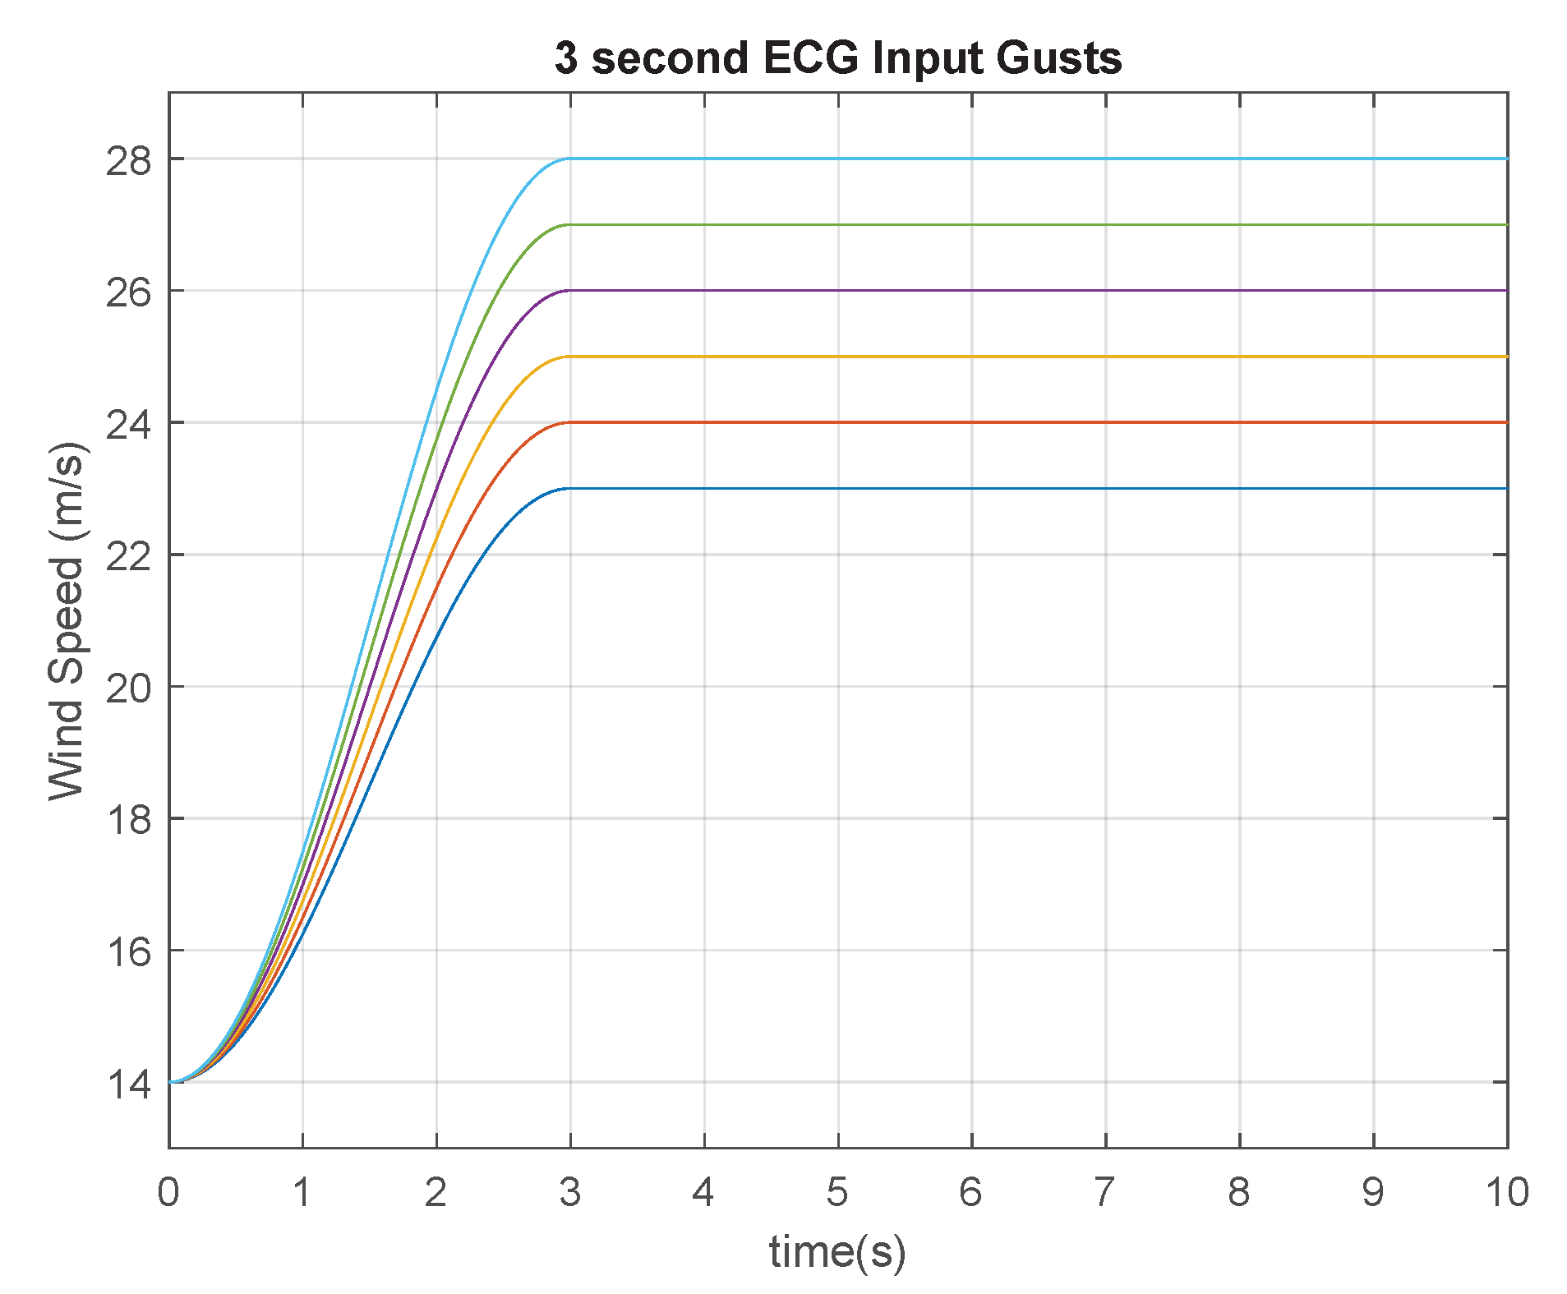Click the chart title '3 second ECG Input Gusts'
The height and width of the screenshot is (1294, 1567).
(837, 58)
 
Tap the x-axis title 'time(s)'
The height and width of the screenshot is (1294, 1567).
(837, 1251)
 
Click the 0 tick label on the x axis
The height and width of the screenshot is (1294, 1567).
(168, 1191)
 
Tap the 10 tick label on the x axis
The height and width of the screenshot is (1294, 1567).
(1507, 1191)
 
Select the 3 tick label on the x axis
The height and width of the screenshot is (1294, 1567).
(570, 1191)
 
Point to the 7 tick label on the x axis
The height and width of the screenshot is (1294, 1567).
(1105, 1191)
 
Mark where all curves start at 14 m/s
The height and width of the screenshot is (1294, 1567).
(171, 1082)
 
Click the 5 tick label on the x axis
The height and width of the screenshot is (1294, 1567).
(837, 1191)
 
